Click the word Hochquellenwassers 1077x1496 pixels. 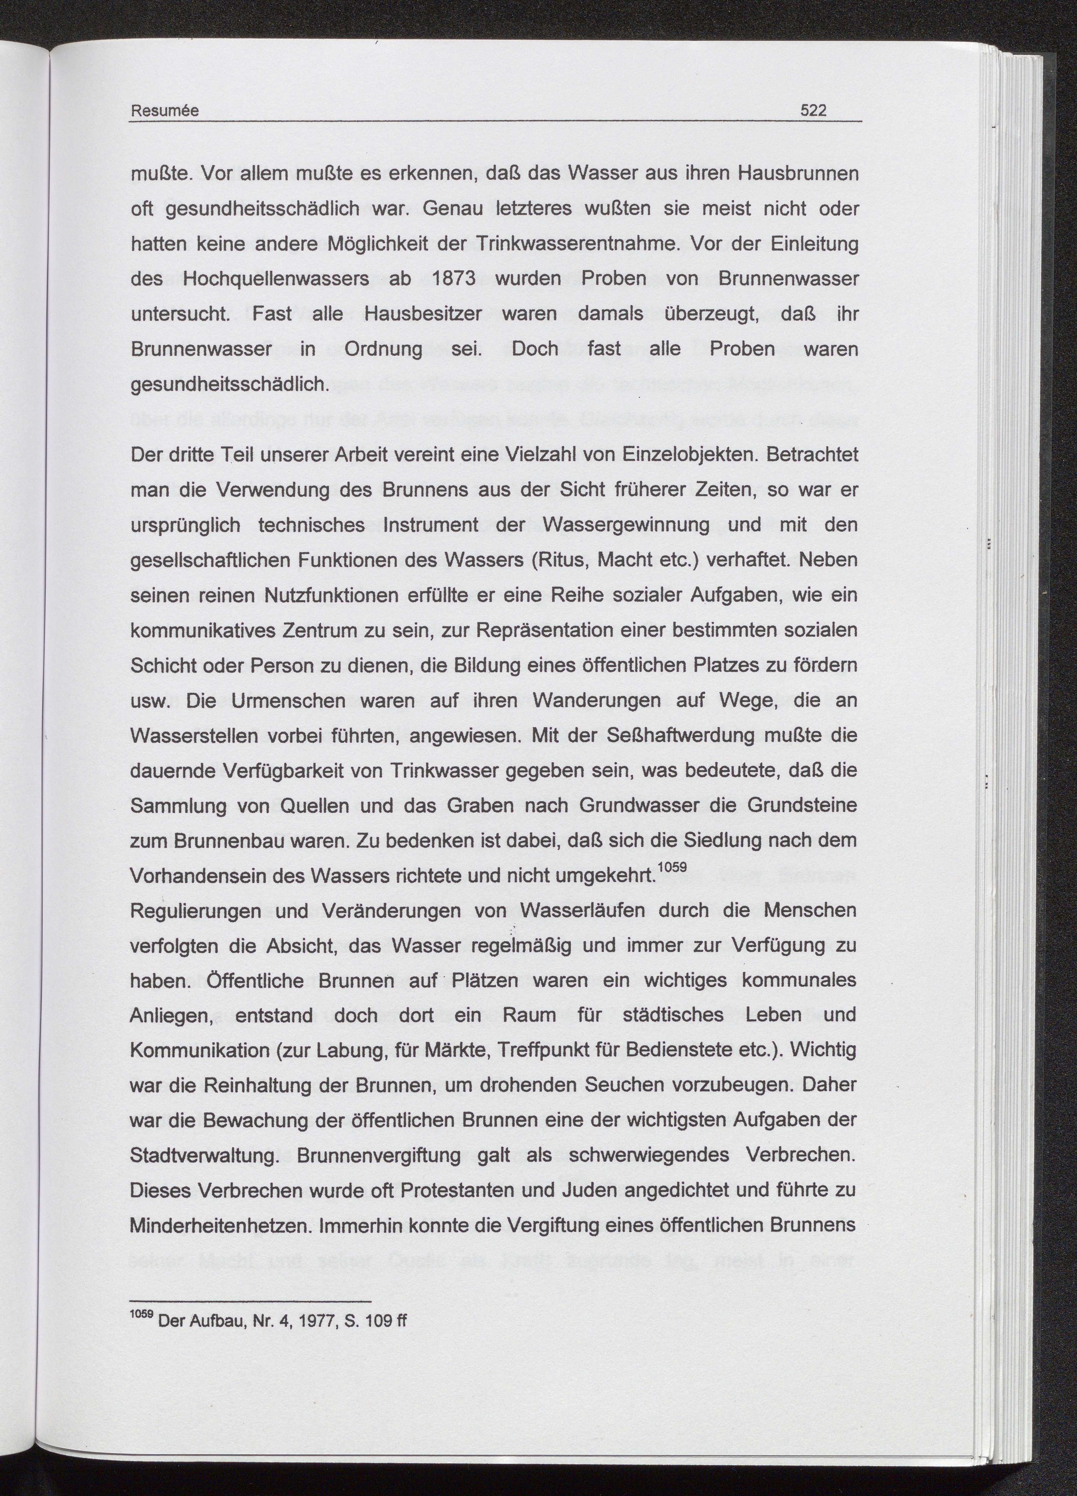pos(276,278)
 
